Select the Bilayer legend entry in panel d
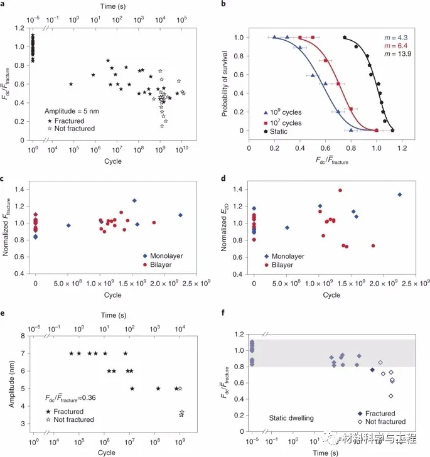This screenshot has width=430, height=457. pos(287,266)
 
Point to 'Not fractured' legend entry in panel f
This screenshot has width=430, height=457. pos(379,422)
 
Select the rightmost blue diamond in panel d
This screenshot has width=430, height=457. pos(399,195)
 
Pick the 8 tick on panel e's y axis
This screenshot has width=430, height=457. pos(24,336)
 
